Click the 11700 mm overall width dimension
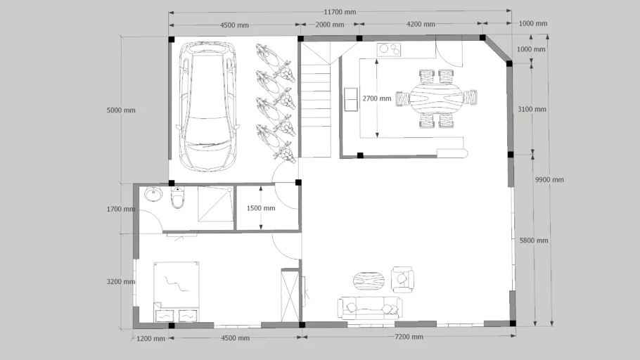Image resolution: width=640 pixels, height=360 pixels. point(340,12)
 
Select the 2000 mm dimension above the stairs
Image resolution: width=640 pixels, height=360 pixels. point(329,25)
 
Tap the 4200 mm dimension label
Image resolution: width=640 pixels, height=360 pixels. point(420,25)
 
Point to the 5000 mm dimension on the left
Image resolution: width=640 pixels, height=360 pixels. point(120,110)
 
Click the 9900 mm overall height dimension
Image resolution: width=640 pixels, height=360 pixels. point(549,180)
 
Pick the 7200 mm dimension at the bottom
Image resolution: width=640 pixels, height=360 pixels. point(408,337)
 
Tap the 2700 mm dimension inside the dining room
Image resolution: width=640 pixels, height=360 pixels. point(376,98)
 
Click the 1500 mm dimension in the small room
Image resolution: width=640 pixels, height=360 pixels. point(260,208)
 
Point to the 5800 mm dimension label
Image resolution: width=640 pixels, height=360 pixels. point(532,240)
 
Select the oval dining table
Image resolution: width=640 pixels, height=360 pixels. point(436,99)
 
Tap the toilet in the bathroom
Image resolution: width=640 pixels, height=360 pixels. point(178,199)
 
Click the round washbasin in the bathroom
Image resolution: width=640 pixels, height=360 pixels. point(153,194)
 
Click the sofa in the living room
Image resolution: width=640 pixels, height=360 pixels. point(370,307)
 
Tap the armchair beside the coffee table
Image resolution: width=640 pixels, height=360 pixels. point(402,279)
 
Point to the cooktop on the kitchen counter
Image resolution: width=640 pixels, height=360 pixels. point(389,49)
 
